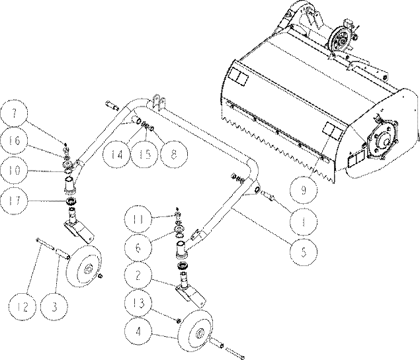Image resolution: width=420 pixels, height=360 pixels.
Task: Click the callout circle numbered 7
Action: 14,113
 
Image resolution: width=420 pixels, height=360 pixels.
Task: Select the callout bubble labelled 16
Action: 14,140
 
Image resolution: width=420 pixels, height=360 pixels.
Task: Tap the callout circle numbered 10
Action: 14,170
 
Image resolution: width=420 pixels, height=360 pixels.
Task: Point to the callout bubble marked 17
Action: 14,201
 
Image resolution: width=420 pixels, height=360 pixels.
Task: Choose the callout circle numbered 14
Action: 117,154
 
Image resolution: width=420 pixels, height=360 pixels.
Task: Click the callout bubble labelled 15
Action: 145,154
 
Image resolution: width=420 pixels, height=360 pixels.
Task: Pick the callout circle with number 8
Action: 173,154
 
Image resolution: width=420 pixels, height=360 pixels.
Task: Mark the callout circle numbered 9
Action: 304,189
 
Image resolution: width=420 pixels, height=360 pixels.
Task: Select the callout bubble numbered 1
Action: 304,222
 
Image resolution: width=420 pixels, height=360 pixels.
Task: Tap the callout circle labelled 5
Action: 304,251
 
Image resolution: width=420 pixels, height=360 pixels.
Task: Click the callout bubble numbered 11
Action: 138,219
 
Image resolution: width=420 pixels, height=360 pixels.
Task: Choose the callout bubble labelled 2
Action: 138,275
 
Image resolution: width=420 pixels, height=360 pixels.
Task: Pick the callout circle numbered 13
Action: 138,303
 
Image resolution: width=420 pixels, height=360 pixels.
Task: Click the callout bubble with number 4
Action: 138,332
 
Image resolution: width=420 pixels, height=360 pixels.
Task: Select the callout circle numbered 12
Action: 22,306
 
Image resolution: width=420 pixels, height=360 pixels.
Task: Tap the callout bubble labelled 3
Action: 54,306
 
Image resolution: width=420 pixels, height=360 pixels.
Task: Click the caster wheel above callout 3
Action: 84,266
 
